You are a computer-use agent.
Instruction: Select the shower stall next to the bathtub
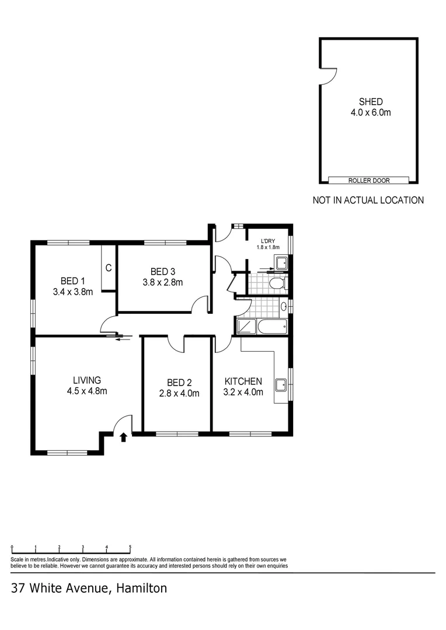point(246,327)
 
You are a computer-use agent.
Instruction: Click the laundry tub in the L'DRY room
point(281,262)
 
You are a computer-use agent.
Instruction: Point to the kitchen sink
point(281,384)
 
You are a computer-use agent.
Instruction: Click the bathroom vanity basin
point(284,306)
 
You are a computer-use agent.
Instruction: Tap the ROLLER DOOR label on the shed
point(369,181)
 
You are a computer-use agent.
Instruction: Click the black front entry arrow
point(123,437)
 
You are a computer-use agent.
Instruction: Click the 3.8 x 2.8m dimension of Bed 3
point(163,282)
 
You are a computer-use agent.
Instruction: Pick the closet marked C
point(109,268)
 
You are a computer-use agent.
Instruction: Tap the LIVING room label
point(86,380)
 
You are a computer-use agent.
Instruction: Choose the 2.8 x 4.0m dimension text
point(179,393)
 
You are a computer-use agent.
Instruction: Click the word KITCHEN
point(243,381)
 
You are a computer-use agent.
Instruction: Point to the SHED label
point(371,101)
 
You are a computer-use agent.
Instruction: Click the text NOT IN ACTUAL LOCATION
point(368,200)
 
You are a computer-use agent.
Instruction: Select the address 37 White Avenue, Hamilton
point(89,588)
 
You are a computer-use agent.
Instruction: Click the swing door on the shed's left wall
point(329,76)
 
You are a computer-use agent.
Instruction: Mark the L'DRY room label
point(269,241)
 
